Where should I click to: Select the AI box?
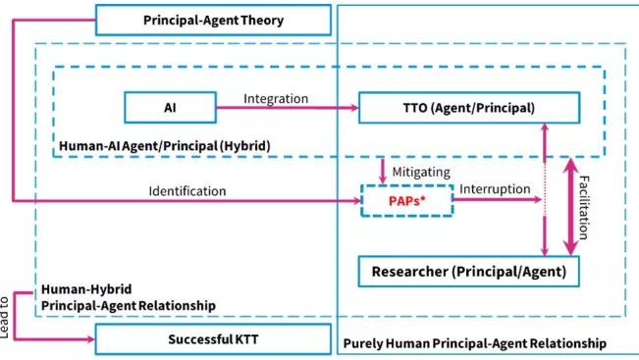click(170, 109)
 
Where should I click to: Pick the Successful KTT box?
click(211, 340)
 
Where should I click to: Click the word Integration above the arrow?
click(276, 98)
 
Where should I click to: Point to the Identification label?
click(186, 190)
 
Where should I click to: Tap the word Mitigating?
click(421, 171)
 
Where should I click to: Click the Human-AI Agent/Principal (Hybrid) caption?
click(165, 146)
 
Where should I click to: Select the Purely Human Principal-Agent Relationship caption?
click(475, 343)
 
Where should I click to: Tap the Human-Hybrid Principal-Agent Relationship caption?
click(128, 298)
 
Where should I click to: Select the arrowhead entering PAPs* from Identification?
click(358, 202)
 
